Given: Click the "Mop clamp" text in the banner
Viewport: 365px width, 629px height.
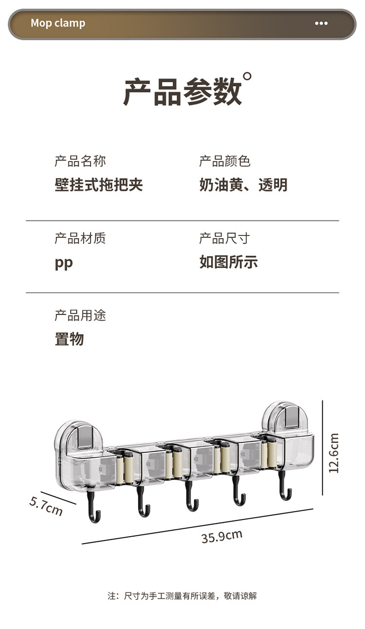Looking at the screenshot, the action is pos(58,23).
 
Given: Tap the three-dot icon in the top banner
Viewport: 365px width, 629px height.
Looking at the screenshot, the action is pos(321,23).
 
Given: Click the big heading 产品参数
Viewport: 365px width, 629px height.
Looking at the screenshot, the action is pos(182,92).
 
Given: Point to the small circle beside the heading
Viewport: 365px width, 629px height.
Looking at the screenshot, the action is pos(247,76).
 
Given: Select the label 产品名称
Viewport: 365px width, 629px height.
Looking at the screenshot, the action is pos(80,161).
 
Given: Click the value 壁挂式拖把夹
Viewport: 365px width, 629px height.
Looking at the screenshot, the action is pos(98,185).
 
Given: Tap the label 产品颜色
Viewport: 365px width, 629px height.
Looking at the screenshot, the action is pos(224,161).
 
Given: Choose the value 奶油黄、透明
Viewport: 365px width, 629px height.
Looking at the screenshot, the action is pos(243,185).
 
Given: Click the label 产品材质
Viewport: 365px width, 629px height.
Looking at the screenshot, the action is pos(80,238).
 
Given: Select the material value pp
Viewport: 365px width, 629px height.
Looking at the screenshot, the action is pos(64,263).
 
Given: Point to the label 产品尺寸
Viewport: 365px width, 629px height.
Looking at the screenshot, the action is pos(224,238).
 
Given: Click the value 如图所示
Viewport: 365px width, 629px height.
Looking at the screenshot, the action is pos(229,262).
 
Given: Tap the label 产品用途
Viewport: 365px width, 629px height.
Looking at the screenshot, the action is pos(80,316).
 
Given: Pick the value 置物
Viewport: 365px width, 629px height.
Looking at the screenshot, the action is pos(69,339).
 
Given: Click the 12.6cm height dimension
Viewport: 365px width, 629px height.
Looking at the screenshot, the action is pos(334,453).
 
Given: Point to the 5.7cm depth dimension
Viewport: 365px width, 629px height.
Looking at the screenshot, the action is pos(46,505).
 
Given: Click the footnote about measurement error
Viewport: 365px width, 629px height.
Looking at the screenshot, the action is pos(182,595).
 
